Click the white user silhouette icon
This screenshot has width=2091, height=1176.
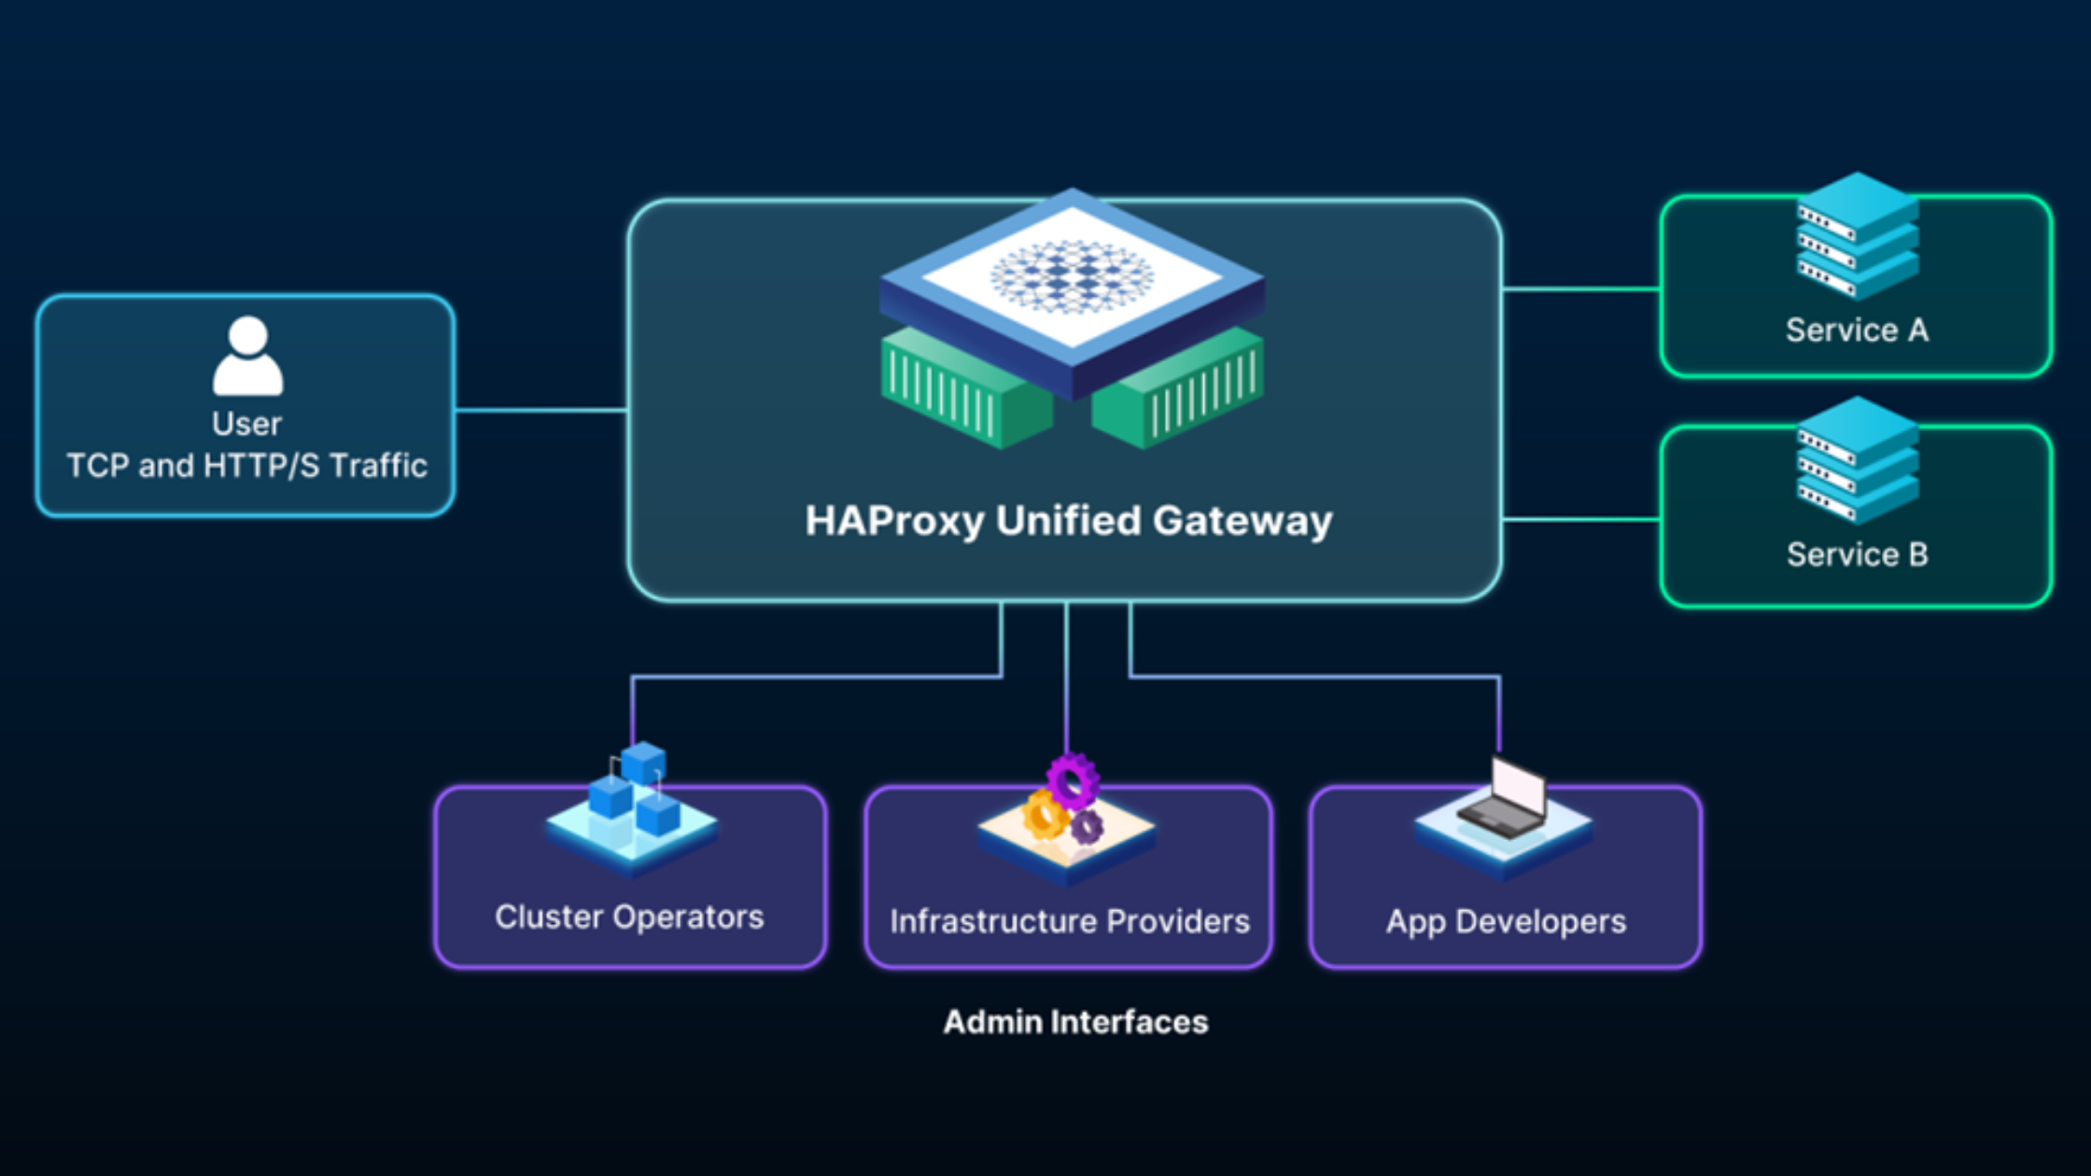pyautogui.click(x=247, y=357)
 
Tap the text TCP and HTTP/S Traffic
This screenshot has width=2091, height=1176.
pyautogui.click(x=247, y=466)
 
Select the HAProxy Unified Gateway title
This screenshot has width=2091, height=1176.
pyautogui.click(x=1069, y=521)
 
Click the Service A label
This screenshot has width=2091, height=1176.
pyautogui.click(x=1857, y=330)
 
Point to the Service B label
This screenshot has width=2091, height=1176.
pyautogui.click(x=1857, y=555)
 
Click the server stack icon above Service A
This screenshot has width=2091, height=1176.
pyautogui.click(x=1857, y=237)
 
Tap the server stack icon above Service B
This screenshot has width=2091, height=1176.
pyautogui.click(x=1857, y=461)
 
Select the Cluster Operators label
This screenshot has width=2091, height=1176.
pyautogui.click(x=629, y=917)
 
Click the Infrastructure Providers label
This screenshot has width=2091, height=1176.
pyautogui.click(x=1070, y=922)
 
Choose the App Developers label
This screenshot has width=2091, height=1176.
pyautogui.click(x=1506, y=922)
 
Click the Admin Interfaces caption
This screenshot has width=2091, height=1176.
pyautogui.click(x=1075, y=1022)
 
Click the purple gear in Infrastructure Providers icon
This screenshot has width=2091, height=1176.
pyautogui.click(x=1073, y=779)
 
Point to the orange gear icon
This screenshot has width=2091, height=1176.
pyautogui.click(x=1044, y=814)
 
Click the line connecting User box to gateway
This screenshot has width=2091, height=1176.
pyautogui.click(x=541, y=410)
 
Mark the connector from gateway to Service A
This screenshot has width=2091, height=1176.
pyautogui.click(x=1581, y=289)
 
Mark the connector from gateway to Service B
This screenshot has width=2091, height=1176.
pyautogui.click(x=1581, y=519)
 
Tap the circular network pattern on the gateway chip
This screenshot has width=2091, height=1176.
pyautogui.click(x=1072, y=276)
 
